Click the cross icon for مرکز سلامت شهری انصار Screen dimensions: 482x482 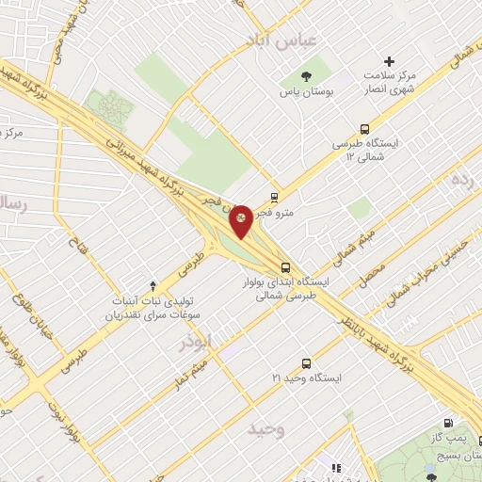(x=390, y=61)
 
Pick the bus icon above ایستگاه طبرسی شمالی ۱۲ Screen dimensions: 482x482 (x=364, y=129)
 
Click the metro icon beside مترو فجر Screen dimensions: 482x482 (x=274, y=198)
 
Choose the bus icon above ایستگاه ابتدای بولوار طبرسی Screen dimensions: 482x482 (x=285, y=265)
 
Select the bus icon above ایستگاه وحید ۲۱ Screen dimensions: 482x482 (x=306, y=362)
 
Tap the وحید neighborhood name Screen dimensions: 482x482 (x=266, y=429)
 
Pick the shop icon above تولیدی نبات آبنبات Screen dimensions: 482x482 (x=153, y=285)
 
